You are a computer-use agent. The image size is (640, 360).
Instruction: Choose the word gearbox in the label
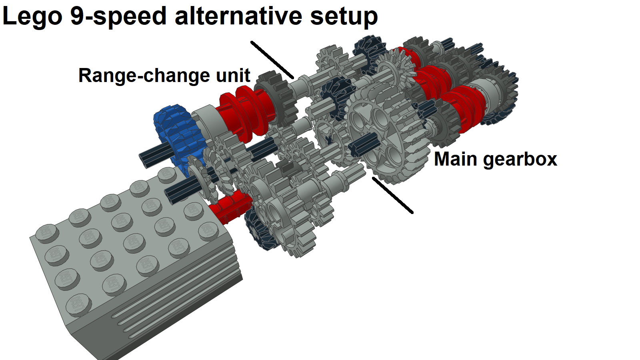520,160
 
